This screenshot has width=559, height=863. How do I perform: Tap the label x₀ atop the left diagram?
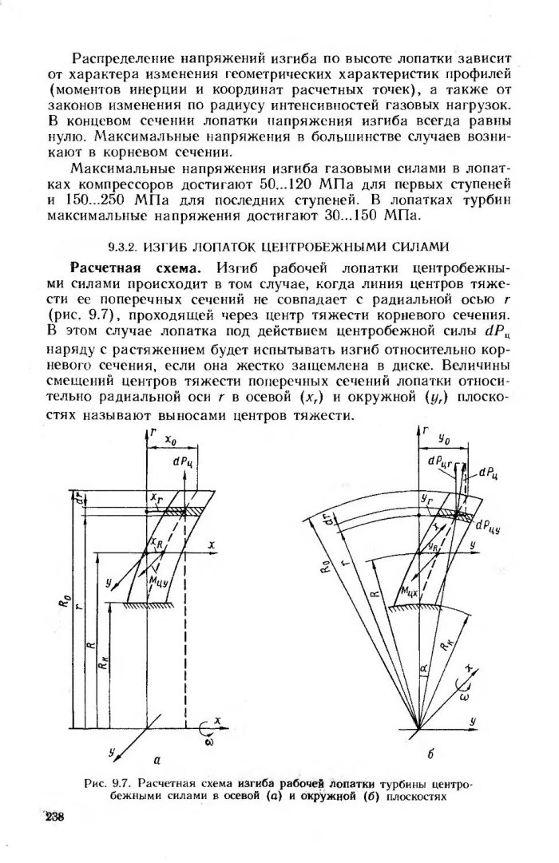point(168,440)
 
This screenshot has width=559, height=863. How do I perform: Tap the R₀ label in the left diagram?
point(65,591)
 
